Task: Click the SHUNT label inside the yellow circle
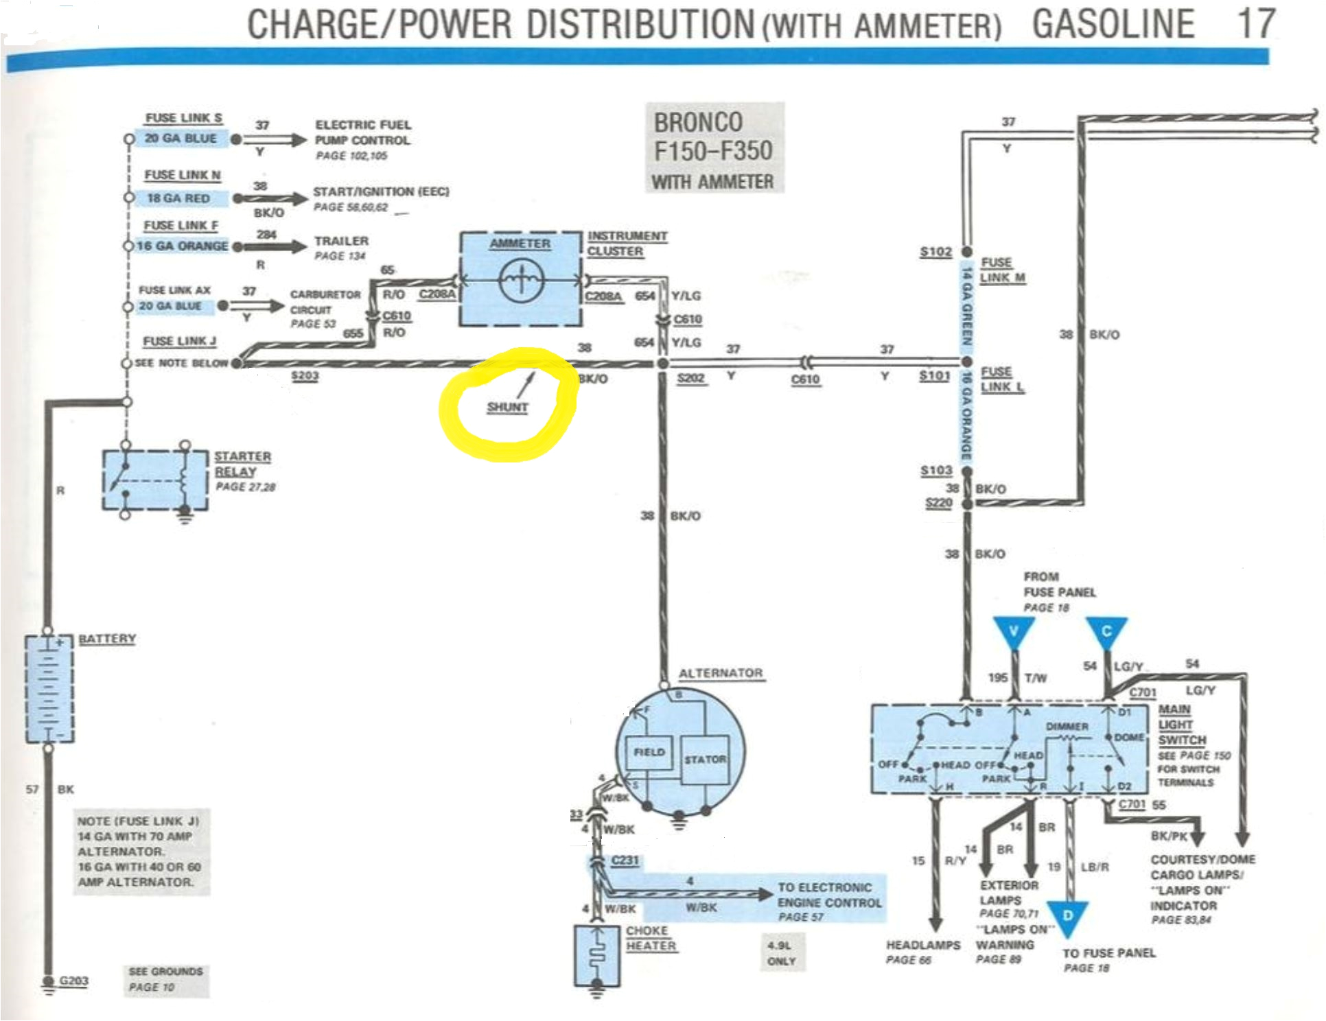coord(507,407)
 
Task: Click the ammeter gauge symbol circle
coord(522,280)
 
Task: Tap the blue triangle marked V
coord(1013,631)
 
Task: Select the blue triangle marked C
coord(1106,631)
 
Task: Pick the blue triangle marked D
coord(1067,917)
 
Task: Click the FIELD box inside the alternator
coord(649,752)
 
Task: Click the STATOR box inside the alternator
coord(704,759)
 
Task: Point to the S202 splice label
coord(690,378)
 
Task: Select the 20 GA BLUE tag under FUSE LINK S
coord(181,139)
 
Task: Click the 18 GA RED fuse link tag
coord(178,198)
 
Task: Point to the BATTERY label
coord(107,639)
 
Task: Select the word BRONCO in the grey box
coord(697,123)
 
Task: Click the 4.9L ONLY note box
coord(781,953)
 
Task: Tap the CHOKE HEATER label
coord(650,938)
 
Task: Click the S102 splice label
coord(935,252)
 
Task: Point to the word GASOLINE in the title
coord(1113,25)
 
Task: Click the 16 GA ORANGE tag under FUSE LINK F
coord(182,246)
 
